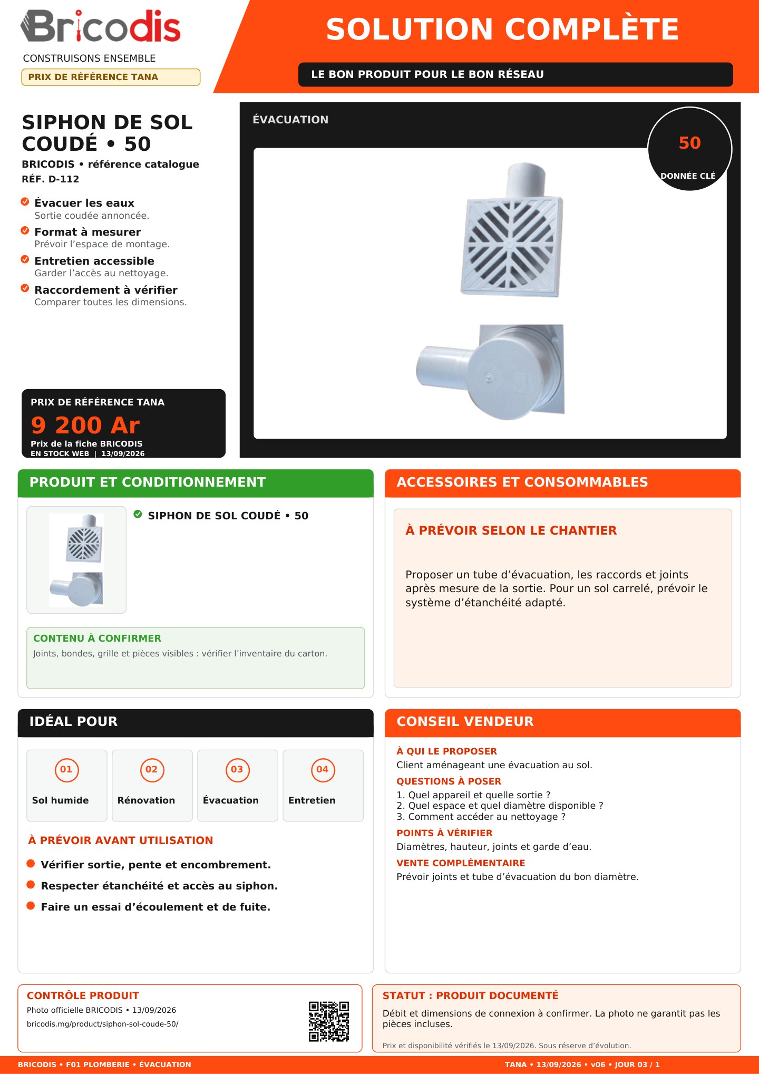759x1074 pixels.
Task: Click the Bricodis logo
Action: (x=101, y=26)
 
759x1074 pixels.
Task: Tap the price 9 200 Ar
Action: (x=85, y=425)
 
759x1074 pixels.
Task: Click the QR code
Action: (x=329, y=1021)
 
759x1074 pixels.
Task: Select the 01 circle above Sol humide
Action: (x=66, y=769)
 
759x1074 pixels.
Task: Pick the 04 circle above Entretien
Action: (x=323, y=769)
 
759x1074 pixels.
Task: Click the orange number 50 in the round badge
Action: (x=689, y=143)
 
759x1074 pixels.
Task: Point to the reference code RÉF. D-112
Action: (x=51, y=179)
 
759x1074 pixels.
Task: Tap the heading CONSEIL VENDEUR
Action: (x=465, y=721)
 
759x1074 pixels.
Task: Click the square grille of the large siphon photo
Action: (x=512, y=247)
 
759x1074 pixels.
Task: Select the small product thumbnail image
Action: (x=76, y=560)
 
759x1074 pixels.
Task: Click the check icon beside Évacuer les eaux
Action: (x=25, y=202)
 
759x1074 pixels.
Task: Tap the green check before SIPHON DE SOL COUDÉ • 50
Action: (x=138, y=515)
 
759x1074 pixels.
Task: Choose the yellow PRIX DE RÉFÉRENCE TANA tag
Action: (x=111, y=77)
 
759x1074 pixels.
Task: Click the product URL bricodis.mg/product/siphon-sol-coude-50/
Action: (x=103, y=1024)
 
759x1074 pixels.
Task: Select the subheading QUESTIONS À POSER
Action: (x=449, y=781)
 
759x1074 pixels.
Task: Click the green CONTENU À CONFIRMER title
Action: (x=98, y=638)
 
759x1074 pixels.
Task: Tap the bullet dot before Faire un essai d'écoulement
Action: (x=31, y=906)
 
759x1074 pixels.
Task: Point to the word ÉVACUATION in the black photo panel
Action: (x=290, y=120)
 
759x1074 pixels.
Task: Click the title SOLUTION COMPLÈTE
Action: (x=502, y=29)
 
